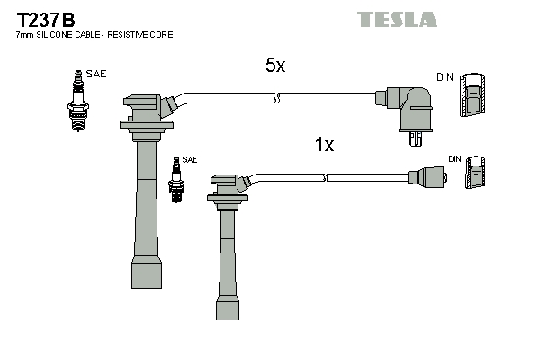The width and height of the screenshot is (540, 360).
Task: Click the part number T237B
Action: (42, 17)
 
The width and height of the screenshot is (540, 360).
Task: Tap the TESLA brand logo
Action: (397, 19)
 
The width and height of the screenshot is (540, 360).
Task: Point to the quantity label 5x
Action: (274, 65)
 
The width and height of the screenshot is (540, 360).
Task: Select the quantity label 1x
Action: (323, 145)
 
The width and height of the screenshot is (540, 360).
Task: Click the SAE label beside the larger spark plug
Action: (96, 74)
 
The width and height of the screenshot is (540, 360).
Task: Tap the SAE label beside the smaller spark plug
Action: (190, 159)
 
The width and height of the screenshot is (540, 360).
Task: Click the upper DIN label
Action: (445, 77)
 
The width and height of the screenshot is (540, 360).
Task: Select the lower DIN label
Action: (454, 159)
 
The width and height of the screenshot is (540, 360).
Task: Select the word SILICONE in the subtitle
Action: (61, 34)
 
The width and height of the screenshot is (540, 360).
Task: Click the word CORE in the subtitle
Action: (161, 34)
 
